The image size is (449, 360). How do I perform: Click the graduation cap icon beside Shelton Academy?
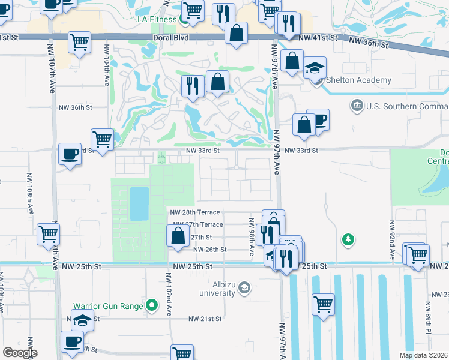point(315,70)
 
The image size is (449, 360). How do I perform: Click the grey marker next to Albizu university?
point(244,289)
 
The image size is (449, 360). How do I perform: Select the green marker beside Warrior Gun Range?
point(152,306)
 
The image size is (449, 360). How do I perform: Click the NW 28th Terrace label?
point(196,212)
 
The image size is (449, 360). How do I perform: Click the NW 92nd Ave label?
point(393,241)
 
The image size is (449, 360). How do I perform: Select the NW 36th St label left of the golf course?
point(75,107)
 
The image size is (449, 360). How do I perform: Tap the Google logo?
point(20,353)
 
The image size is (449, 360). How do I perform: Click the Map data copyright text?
point(424,355)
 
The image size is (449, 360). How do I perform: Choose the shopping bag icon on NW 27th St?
point(178,236)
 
